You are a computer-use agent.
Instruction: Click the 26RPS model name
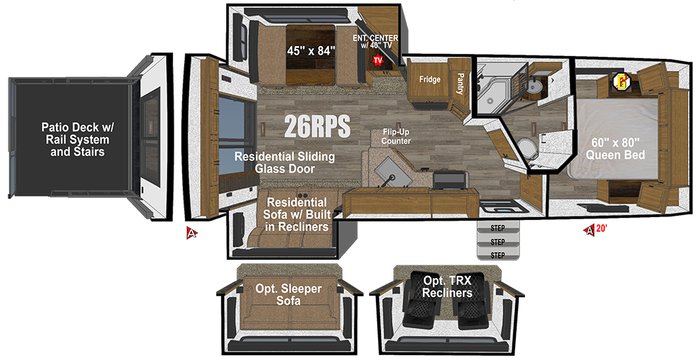(317, 126)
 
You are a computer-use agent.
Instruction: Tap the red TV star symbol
(378, 60)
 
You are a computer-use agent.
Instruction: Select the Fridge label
(430, 80)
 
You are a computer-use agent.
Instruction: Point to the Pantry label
(461, 83)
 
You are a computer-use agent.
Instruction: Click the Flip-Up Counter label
(396, 137)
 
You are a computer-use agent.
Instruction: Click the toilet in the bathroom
(528, 147)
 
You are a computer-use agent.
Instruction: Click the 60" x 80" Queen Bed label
(615, 148)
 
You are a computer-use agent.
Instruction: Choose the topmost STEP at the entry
(498, 228)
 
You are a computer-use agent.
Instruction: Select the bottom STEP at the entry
(498, 255)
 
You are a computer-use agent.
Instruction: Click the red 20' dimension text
(601, 229)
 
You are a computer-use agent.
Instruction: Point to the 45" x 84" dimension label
(311, 51)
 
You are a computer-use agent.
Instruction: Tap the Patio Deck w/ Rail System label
(78, 139)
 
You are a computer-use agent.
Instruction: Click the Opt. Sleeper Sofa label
(288, 294)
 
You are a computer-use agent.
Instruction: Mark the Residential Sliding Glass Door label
(285, 162)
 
